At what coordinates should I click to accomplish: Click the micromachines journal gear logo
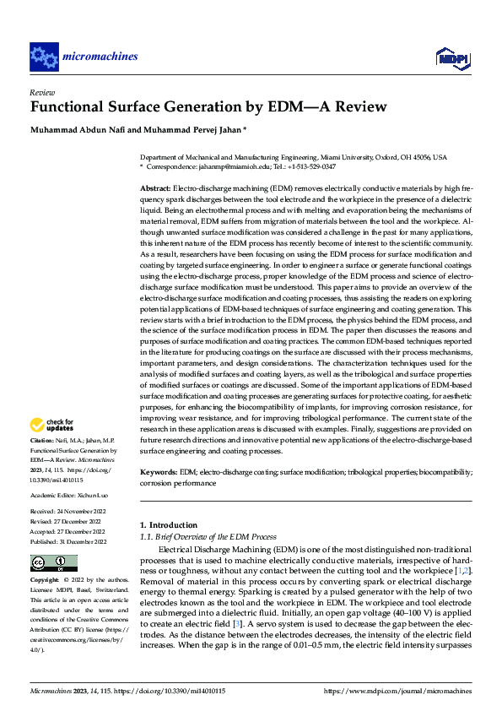click(44, 57)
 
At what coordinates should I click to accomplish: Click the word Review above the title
click(42, 92)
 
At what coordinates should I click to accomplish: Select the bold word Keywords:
click(159, 473)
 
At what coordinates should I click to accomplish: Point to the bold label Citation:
click(41, 442)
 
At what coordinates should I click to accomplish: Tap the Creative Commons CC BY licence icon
click(53, 562)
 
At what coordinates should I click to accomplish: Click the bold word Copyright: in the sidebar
click(44, 581)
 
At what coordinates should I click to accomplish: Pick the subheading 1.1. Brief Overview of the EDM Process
click(208, 536)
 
